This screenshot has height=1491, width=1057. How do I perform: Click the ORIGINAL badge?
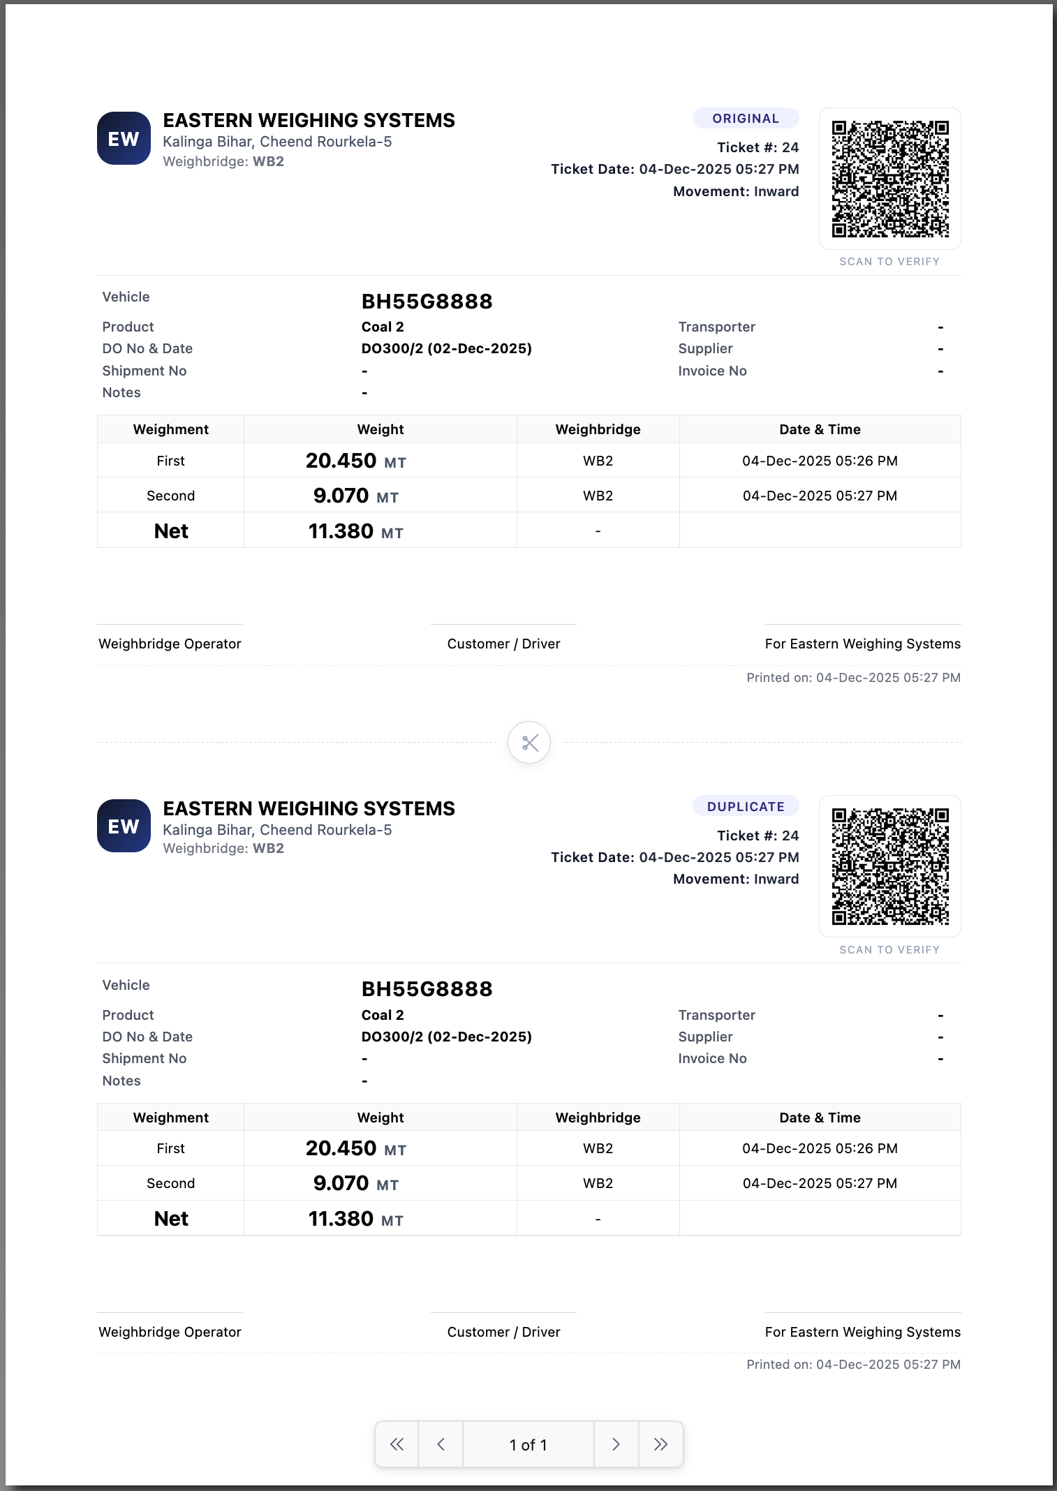745,119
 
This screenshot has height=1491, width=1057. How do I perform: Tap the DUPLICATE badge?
745,806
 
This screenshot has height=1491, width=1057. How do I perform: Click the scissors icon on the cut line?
529,742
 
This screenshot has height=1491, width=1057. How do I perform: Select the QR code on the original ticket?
889,179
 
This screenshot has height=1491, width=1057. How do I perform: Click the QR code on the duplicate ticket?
889,866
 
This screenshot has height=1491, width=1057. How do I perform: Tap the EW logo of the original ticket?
124,139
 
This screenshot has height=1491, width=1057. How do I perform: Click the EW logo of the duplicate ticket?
124,826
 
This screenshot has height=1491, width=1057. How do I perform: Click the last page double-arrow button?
660,1444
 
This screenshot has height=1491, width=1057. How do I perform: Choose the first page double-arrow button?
397,1444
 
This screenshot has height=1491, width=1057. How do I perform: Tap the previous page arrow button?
441,1444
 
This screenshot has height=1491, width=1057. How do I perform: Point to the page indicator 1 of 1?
528,1444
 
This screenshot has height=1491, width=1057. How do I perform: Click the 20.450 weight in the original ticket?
341,461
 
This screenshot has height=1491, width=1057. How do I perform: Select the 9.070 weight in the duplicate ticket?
341,1183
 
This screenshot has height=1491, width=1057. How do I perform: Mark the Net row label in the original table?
171,531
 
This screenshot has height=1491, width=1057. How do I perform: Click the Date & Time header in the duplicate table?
820,1118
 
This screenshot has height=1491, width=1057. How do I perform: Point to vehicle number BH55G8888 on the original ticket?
427,302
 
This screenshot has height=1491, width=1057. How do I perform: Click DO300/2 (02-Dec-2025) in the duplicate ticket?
446,1037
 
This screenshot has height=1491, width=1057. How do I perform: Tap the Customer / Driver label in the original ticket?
503,644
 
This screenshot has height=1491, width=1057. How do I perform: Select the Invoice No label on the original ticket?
712,371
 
